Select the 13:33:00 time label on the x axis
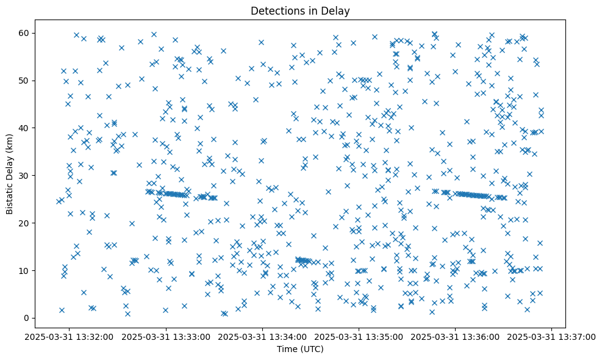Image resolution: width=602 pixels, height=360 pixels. click(166, 336)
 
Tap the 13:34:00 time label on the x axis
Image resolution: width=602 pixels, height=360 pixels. click(263, 336)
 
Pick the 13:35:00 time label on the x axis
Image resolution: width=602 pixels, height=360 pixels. click(359, 336)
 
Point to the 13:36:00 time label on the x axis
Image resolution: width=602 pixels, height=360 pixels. click(456, 336)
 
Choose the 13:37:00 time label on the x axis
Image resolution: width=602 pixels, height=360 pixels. click(552, 336)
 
